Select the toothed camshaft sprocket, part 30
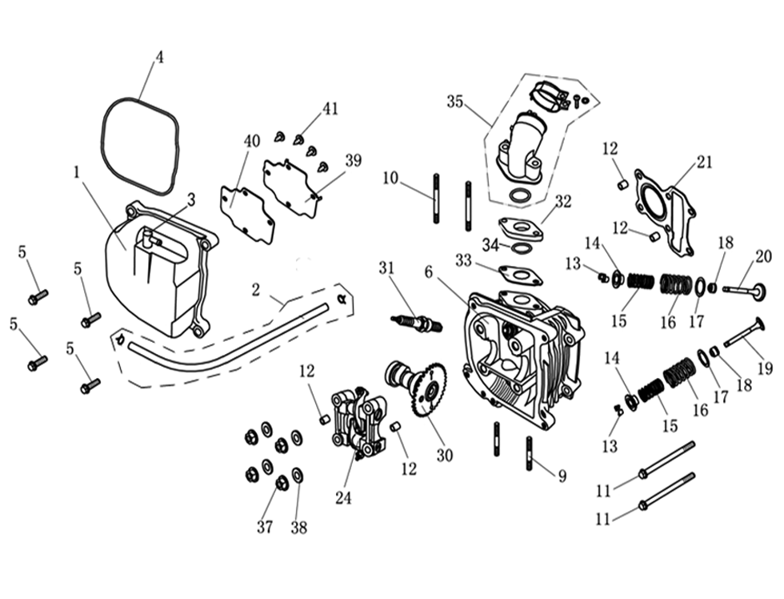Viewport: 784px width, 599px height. (430, 392)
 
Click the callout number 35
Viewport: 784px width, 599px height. (455, 102)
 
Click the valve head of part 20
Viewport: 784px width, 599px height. (758, 292)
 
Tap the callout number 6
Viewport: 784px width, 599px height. (429, 272)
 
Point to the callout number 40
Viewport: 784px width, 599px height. (252, 141)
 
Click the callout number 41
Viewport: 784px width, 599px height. (330, 109)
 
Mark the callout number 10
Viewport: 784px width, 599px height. (390, 178)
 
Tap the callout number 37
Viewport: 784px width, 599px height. (265, 527)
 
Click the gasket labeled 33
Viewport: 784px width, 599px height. (521, 274)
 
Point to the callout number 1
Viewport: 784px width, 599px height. (77, 171)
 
